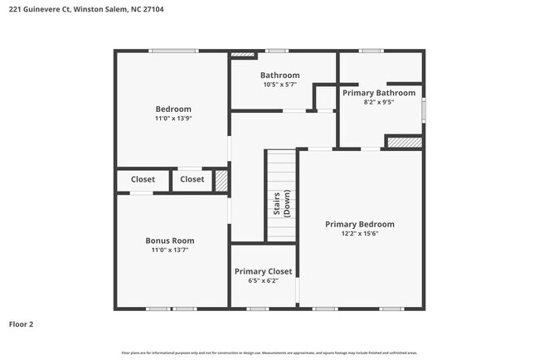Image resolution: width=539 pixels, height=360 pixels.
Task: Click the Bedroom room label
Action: pyautogui.click(x=173, y=109)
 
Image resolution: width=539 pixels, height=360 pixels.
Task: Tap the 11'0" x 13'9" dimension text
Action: pyautogui.click(x=173, y=119)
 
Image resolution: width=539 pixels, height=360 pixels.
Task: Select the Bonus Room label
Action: pyautogui.click(x=170, y=241)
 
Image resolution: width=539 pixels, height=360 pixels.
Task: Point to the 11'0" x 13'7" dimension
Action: pyautogui.click(x=170, y=250)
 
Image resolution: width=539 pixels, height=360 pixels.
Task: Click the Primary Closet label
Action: pyautogui.click(x=262, y=271)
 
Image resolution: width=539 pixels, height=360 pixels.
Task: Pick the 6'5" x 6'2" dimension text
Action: pyautogui.click(x=262, y=280)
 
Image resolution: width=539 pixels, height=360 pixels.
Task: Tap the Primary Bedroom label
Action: pyautogui.click(x=359, y=224)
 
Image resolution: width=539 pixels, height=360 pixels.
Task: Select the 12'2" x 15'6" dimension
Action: pyautogui.click(x=359, y=233)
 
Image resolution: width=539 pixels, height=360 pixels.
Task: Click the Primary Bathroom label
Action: pyautogui.click(x=379, y=93)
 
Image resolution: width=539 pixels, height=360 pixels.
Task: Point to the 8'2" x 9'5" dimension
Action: pyautogui.click(x=379, y=102)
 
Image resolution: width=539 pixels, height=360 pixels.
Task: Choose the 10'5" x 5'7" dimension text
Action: pyautogui.click(x=280, y=85)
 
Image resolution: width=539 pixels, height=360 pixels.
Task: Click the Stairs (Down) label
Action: pyautogui.click(x=281, y=204)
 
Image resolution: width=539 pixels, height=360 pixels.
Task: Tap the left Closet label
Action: pyautogui.click(x=143, y=179)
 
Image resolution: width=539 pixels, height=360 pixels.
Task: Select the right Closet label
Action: pyautogui.click(x=192, y=179)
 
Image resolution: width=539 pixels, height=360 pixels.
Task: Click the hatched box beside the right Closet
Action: pyautogui.click(x=221, y=181)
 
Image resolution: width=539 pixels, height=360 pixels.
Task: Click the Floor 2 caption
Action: pyautogui.click(x=22, y=324)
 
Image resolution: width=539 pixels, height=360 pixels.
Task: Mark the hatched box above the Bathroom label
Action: pyautogui.click(x=243, y=56)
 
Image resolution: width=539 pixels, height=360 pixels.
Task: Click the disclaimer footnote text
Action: pyautogui.click(x=269, y=353)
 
